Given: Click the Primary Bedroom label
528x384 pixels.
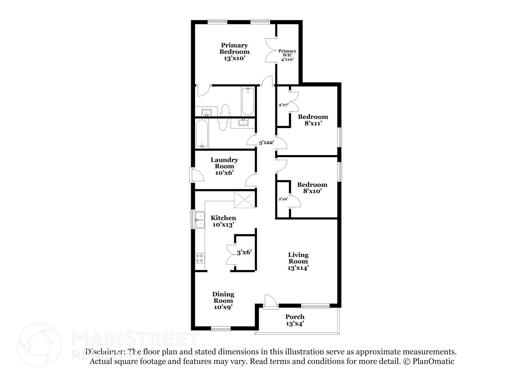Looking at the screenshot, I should [x=234, y=52].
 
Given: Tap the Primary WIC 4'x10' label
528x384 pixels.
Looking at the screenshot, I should [x=287, y=55].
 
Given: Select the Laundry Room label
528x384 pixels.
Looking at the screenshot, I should [x=224, y=166].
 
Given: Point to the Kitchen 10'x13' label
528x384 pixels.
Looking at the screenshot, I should [x=223, y=221].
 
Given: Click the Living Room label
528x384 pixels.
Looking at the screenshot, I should [x=298, y=261].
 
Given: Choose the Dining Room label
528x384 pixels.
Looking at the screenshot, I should [x=223, y=300].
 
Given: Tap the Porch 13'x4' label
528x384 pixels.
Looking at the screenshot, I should [x=295, y=320].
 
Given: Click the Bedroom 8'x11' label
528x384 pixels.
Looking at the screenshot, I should [x=313, y=120].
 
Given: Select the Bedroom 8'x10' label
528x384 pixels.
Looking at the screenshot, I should [x=312, y=188].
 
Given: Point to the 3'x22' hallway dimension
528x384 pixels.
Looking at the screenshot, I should [x=266, y=142].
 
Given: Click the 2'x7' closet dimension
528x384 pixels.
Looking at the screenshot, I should [x=283, y=105].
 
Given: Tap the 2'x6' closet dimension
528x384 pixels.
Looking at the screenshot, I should [x=283, y=199].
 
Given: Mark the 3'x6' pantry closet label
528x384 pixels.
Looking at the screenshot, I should [x=244, y=252].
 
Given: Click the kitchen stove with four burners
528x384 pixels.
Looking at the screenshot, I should [x=200, y=258].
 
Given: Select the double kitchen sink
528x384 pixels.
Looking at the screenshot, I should [x=200, y=220].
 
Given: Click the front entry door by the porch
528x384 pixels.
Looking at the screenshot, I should [x=270, y=301].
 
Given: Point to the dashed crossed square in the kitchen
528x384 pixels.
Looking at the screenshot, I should [x=244, y=200].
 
